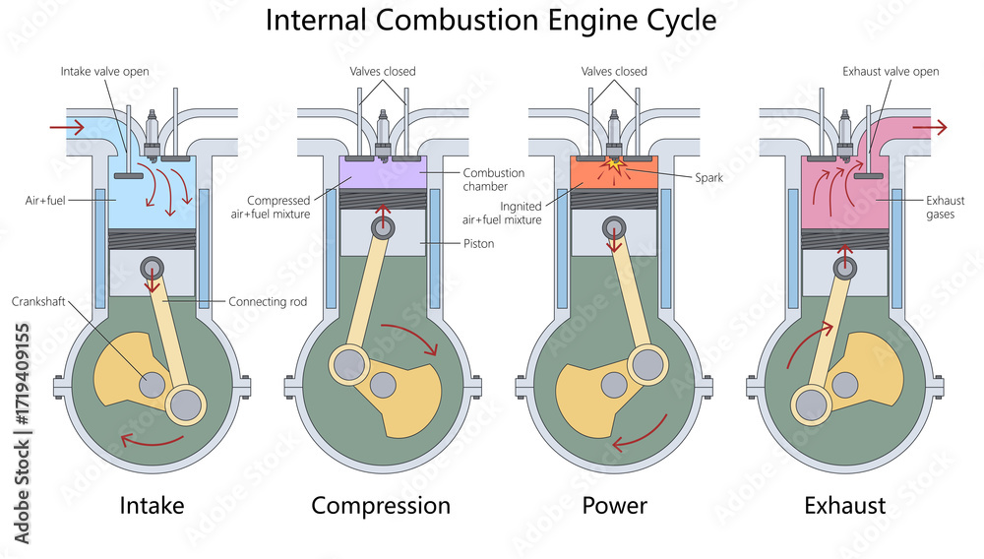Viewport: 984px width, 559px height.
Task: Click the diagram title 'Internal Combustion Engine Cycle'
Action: point(492,20)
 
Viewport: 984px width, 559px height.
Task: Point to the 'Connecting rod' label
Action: point(267,301)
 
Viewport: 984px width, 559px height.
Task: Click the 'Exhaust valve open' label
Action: point(891,71)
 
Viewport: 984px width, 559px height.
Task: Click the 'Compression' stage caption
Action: point(381,506)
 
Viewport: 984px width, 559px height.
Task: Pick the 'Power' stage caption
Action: point(614,506)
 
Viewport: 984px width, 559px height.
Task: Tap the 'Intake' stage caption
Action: point(152,506)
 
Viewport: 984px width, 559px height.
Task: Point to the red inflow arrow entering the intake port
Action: point(67,127)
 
